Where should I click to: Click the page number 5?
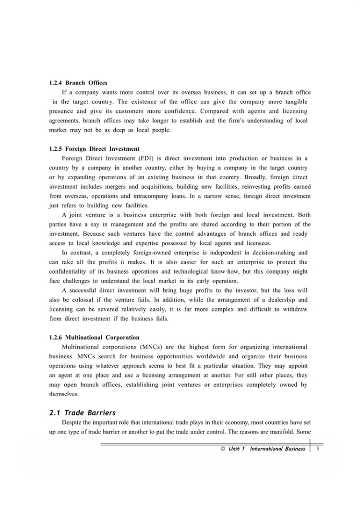[x=324, y=448]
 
